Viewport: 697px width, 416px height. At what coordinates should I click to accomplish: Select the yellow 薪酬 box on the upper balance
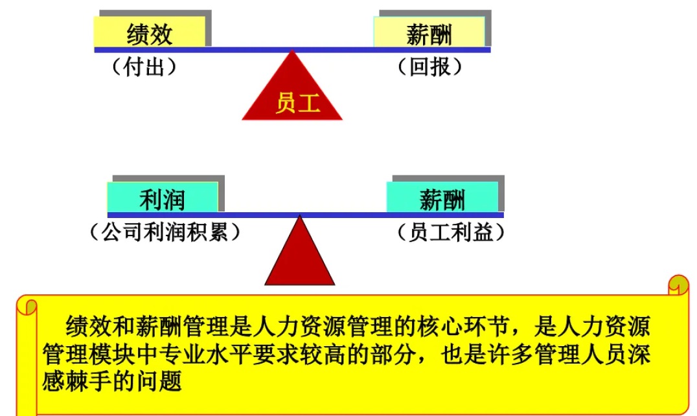pos(429,32)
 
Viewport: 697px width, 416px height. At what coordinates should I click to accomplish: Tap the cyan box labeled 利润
pos(162,197)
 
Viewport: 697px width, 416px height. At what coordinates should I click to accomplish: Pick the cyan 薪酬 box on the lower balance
pos(442,197)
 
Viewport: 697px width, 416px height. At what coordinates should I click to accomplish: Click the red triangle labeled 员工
pos(293,94)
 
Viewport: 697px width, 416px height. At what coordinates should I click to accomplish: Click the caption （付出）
pos(144,67)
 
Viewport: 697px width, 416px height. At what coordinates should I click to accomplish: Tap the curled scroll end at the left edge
pos(27,305)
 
